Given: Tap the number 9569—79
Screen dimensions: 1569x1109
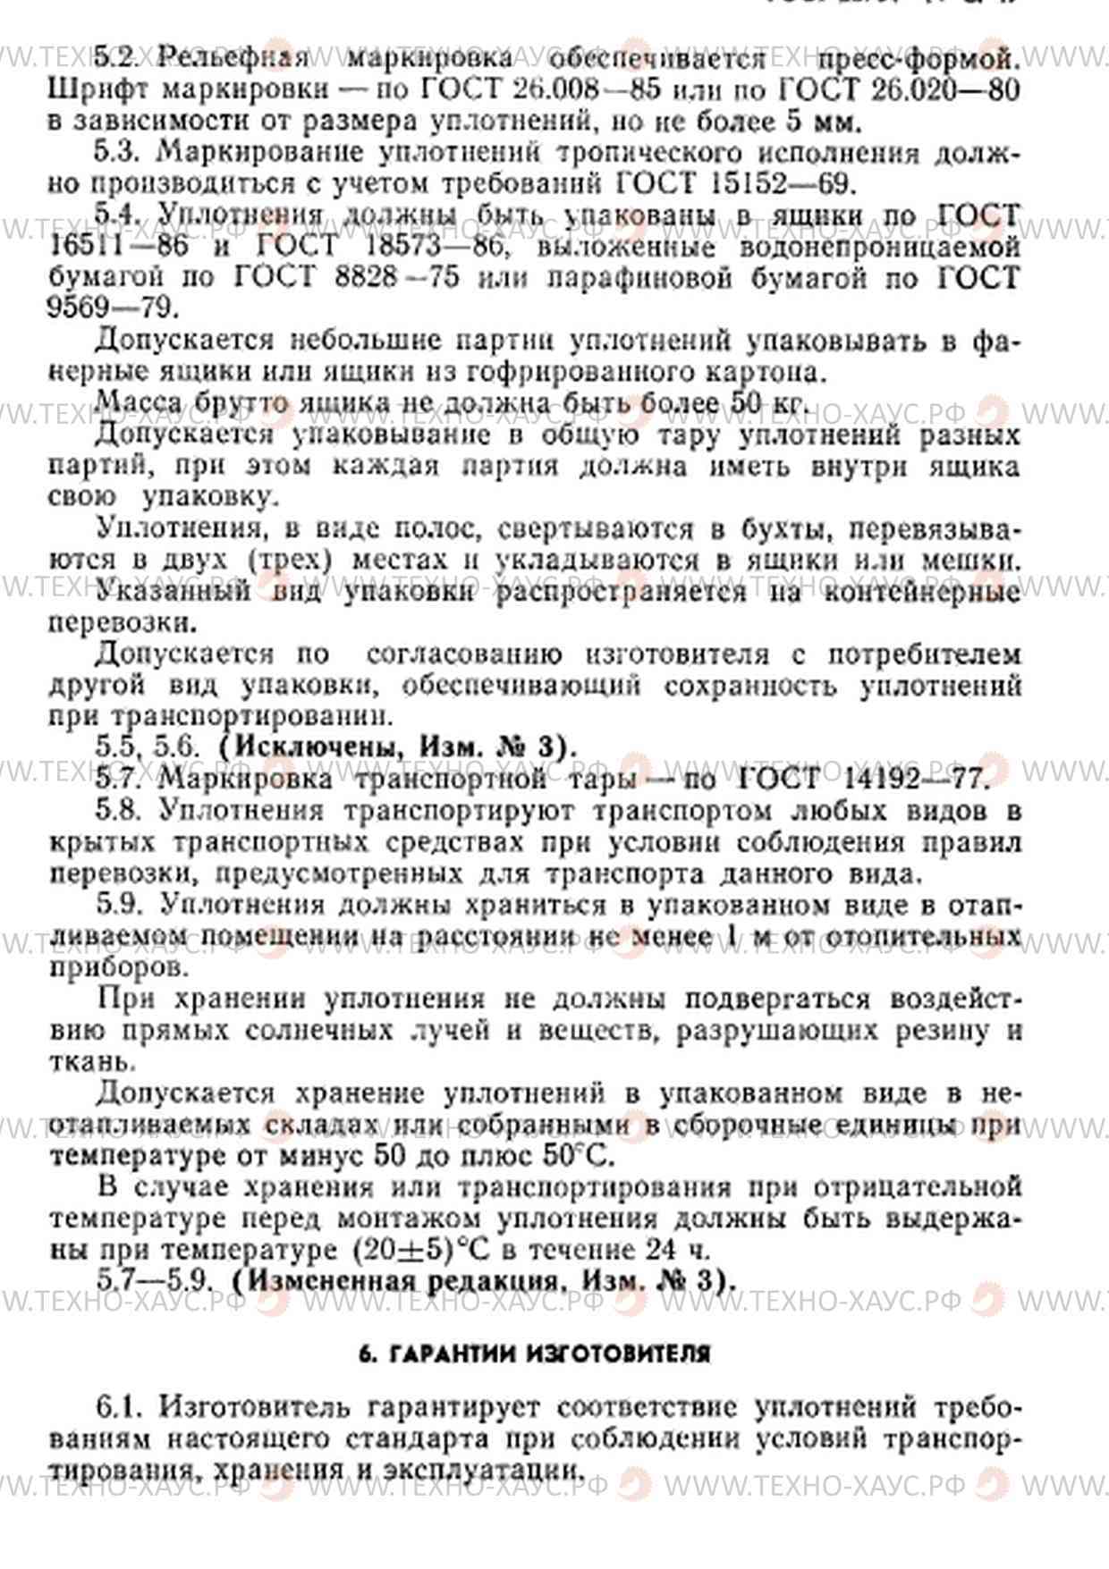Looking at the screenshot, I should tap(113, 308).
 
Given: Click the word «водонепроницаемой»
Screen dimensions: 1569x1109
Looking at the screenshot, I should tap(880, 246).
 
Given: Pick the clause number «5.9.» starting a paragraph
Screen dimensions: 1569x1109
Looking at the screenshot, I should tap(120, 905).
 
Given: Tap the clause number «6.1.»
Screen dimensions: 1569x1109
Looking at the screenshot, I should tap(120, 1407).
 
